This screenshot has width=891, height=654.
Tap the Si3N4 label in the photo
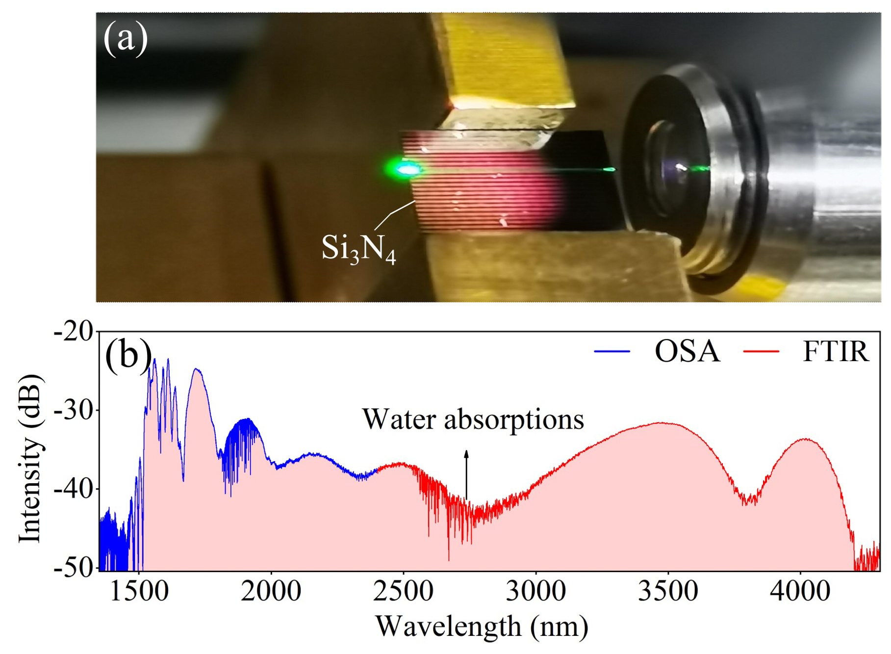coord(358,248)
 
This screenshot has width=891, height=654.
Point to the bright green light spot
coord(406,170)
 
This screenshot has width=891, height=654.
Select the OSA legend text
coord(687,351)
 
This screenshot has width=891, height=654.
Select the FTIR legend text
coord(835,351)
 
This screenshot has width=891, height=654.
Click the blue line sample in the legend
coord(611,351)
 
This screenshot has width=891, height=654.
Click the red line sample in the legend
coord(761,351)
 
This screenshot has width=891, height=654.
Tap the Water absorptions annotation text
coord(473,420)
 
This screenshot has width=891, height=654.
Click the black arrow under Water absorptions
coord(466,474)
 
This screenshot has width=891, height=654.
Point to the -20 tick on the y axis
coord(74,332)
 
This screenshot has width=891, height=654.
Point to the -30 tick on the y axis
coord(74,411)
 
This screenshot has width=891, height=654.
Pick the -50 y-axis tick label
coord(74,568)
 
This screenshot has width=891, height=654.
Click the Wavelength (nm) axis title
coord(482,627)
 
